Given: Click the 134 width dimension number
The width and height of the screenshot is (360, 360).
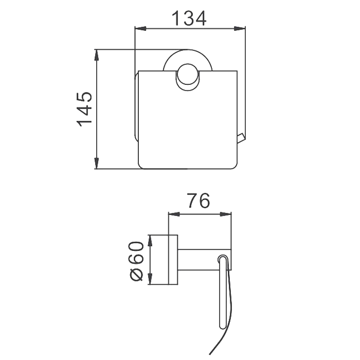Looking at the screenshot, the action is (x=189, y=19).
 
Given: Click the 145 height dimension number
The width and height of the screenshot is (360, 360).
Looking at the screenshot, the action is (x=84, y=109).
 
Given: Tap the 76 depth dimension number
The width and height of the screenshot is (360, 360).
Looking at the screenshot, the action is (x=199, y=201).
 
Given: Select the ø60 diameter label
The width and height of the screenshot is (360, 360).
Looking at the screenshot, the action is (x=136, y=261).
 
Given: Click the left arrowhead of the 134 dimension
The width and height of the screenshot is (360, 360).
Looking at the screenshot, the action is (x=140, y=29).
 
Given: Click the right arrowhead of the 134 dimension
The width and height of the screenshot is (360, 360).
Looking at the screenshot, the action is (x=240, y=29).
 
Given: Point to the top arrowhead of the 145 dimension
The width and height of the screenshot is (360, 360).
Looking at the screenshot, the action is (x=97, y=56).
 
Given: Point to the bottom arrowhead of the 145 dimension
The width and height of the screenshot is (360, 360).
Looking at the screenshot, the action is (x=97, y=163).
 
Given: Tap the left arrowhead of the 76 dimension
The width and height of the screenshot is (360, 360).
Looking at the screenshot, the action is (x=174, y=214).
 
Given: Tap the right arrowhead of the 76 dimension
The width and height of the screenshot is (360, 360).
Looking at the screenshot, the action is (x=226, y=214).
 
